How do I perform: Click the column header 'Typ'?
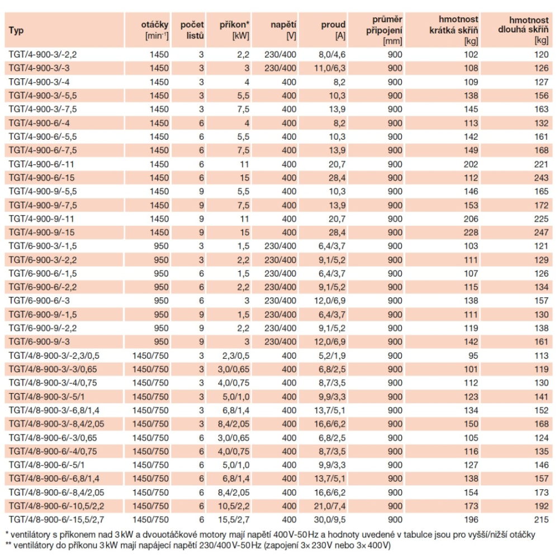(x=16, y=30)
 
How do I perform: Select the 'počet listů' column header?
(x=192, y=30)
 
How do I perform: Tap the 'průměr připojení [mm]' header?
(x=385, y=30)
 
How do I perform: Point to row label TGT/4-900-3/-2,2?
(x=43, y=55)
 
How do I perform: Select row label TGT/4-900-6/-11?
(x=41, y=164)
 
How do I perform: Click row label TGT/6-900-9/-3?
(x=39, y=342)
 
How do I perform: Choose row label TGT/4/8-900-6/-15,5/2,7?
(x=56, y=520)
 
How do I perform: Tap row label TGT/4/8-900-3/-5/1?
(x=47, y=397)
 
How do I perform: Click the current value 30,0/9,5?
(x=330, y=520)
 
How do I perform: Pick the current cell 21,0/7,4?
(x=330, y=506)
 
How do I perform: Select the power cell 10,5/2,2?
(x=234, y=506)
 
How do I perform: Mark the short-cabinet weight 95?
(x=473, y=356)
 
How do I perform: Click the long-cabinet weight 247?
(x=541, y=233)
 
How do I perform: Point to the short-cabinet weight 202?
(x=471, y=164)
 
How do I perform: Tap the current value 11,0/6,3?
(x=330, y=68)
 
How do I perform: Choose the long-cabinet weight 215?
(x=541, y=520)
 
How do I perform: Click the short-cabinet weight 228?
(x=471, y=233)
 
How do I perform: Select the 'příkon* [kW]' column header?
(x=234, y=30)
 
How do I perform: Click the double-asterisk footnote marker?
(x=8, y=544)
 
